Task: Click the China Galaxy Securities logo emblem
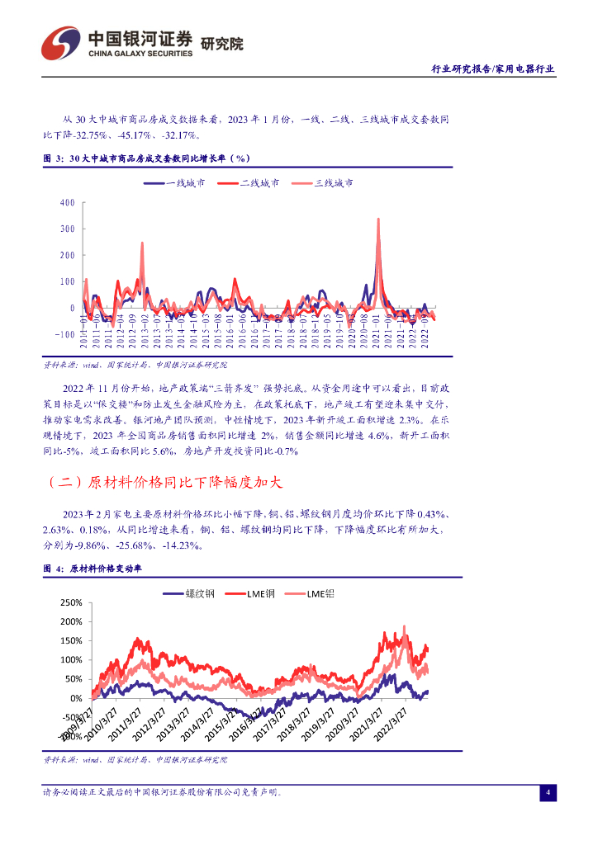tap(62, 42)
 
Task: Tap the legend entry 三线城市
tap(334, 183)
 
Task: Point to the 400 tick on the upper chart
tap(67, 202)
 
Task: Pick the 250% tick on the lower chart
tap(71, 602)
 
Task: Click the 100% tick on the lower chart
tap(71, 660)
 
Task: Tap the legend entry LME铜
tap(260, 594)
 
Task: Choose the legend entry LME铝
tap(320, 594)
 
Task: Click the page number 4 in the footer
tap(547, 793)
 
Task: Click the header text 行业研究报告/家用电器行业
tap(493, 69)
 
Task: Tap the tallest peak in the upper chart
tap(377, 220)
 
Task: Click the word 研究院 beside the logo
tap(222, 44)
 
